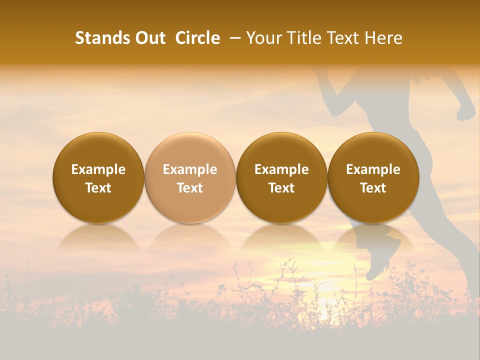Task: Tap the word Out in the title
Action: (149, 38)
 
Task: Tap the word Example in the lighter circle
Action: (190, 169)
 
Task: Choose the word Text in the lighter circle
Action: (190, 188)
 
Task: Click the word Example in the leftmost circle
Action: (98, 169)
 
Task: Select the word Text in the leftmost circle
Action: (98, 188)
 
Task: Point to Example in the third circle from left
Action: (281, 169)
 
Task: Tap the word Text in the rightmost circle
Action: (373, 188)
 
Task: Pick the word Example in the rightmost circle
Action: (373, 169)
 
